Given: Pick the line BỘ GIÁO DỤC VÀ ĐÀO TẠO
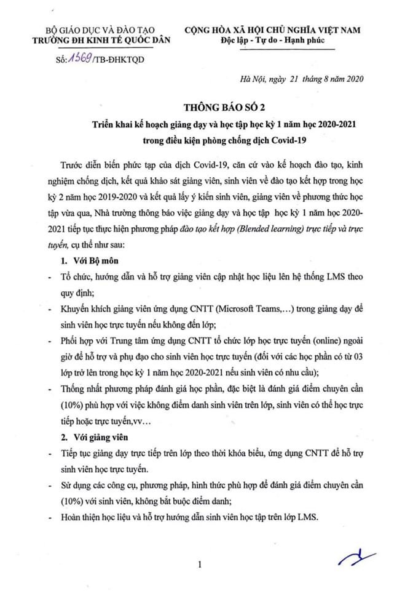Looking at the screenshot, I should [x=102, y=30].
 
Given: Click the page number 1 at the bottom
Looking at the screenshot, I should [x=200, y=564].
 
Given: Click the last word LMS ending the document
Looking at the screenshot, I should [x=302, y=518].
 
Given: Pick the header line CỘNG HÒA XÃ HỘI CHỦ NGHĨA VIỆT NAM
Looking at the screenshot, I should [x=273, y=30].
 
